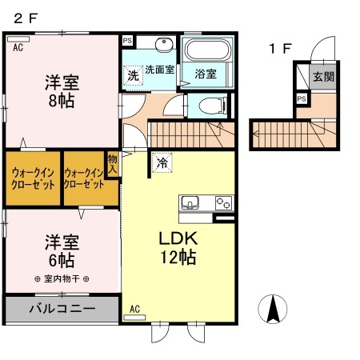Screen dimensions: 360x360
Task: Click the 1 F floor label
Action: (281, 49)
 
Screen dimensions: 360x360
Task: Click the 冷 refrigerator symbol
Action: (162, 162)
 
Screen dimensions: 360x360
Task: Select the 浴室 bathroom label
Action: (206, 74)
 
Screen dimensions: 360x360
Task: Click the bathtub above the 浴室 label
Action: (207, 52)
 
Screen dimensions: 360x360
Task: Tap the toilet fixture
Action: (209, 104)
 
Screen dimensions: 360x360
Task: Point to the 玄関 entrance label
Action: (322, 78)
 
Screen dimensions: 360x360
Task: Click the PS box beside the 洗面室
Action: (127, 41)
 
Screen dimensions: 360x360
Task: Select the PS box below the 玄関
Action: (301, 98)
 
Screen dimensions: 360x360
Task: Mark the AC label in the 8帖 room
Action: (16, 47)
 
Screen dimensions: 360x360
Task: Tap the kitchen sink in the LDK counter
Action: (191, 202)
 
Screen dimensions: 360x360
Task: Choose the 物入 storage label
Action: (113, 165)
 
